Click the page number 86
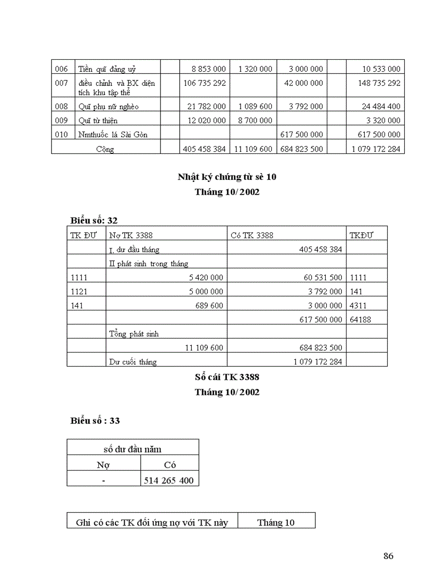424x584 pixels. point(388,556)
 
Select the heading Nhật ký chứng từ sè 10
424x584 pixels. point(227,177)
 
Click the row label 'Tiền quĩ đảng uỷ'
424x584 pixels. point(107,69)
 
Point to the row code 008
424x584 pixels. point(61,106)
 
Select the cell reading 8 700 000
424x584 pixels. point(255,120)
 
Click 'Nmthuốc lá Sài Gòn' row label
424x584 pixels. point(113,134)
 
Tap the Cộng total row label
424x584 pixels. point(105,149)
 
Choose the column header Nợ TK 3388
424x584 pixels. point(131,235)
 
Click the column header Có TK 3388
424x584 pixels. point(252,235)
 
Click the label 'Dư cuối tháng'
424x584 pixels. point(132,361)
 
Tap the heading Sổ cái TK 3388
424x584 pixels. point(227,377)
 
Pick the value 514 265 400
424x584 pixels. point(169,481)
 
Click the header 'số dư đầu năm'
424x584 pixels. point(132,448)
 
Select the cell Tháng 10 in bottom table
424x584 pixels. point(276,523)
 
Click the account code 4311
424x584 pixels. point(358,306)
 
